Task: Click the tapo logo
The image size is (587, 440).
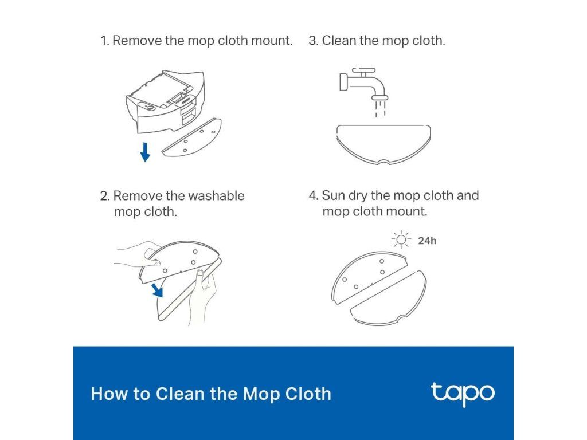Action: click(463, 394)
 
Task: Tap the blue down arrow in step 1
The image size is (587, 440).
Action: click(145, 152)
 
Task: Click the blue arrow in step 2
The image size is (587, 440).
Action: click(158, 289)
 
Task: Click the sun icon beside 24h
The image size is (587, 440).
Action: click(401, 239)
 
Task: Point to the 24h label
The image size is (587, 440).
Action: click(427, 241)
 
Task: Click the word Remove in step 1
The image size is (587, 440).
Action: click(137, 41)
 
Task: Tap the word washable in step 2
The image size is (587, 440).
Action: click(216, 196)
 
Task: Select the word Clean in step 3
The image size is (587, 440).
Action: click(338, 41)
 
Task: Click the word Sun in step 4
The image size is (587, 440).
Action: click(333, 195)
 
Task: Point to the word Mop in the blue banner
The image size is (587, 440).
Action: click(261, 394)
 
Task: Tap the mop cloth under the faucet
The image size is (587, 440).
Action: click(383, 144)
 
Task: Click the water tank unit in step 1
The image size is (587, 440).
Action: click(166, 101)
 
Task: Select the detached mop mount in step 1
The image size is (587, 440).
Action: click(191, 137)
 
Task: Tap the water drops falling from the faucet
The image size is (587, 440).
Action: click(381, 108)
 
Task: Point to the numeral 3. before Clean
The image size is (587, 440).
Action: click(314, 41)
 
